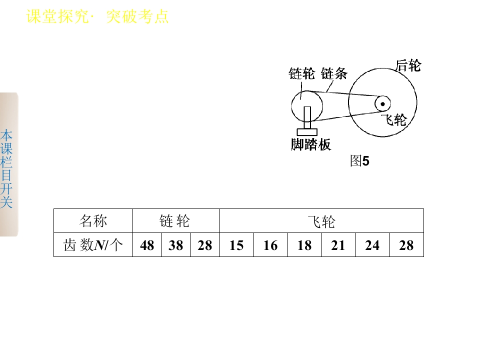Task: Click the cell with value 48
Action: coord(147,245)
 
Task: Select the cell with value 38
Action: coord(176,245)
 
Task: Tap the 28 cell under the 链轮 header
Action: coord(205,245)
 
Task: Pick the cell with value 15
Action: coord(236,245)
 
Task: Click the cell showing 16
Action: coord(270,245)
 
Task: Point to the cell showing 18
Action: coord(304,245)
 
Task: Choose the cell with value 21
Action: coord(338,245)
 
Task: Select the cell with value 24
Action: coord(372,245)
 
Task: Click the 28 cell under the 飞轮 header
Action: coord(406,245)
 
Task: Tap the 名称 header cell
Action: coord(93,220)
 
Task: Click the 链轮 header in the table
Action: coord(176,220)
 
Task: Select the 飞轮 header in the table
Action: coord(321,220)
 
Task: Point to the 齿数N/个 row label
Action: coord(93,245)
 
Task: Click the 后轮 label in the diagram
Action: coord(408,65)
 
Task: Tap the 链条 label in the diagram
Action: coord(334,73)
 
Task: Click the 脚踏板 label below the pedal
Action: coord(310,144)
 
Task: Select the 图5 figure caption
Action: coord(359,160)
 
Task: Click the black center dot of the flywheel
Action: coord(382,104)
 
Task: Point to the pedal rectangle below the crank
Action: coord(307,132)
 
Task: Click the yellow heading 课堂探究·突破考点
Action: coord(97,16)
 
